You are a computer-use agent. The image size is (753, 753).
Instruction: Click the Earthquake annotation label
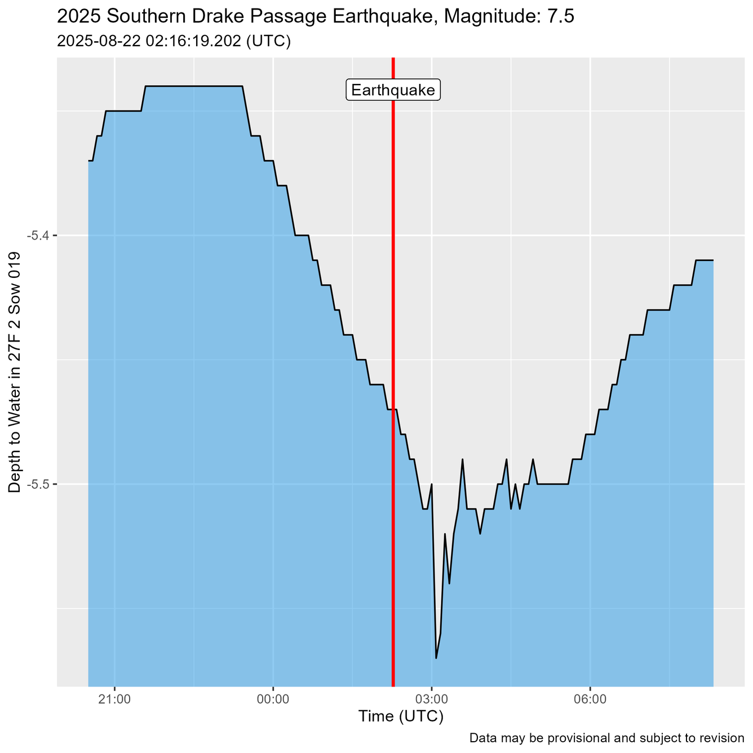pos(393,90)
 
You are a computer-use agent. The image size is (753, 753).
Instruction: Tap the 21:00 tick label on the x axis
pos(114,699)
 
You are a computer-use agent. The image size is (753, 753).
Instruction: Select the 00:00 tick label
pos(273,699)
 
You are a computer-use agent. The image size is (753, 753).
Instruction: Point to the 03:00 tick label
pos(431,699)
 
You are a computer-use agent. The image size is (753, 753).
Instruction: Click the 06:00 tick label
pos(590,699)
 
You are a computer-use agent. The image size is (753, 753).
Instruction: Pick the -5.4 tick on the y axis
pos(38,235)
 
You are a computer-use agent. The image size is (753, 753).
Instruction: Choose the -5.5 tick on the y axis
pos(38,484)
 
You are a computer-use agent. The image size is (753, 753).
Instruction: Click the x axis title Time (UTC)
pos(401,716)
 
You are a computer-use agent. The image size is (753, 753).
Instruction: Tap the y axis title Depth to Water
pos(15,372)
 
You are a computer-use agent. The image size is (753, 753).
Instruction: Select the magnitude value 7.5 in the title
pos(560,17)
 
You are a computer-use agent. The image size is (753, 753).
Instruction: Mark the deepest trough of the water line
pos(436,657)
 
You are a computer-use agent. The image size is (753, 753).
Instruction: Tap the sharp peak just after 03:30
pos(462,460)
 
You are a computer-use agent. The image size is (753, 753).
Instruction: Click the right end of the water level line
pos(713,260)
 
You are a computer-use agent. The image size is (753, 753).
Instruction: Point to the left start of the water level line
pos(89,161)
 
